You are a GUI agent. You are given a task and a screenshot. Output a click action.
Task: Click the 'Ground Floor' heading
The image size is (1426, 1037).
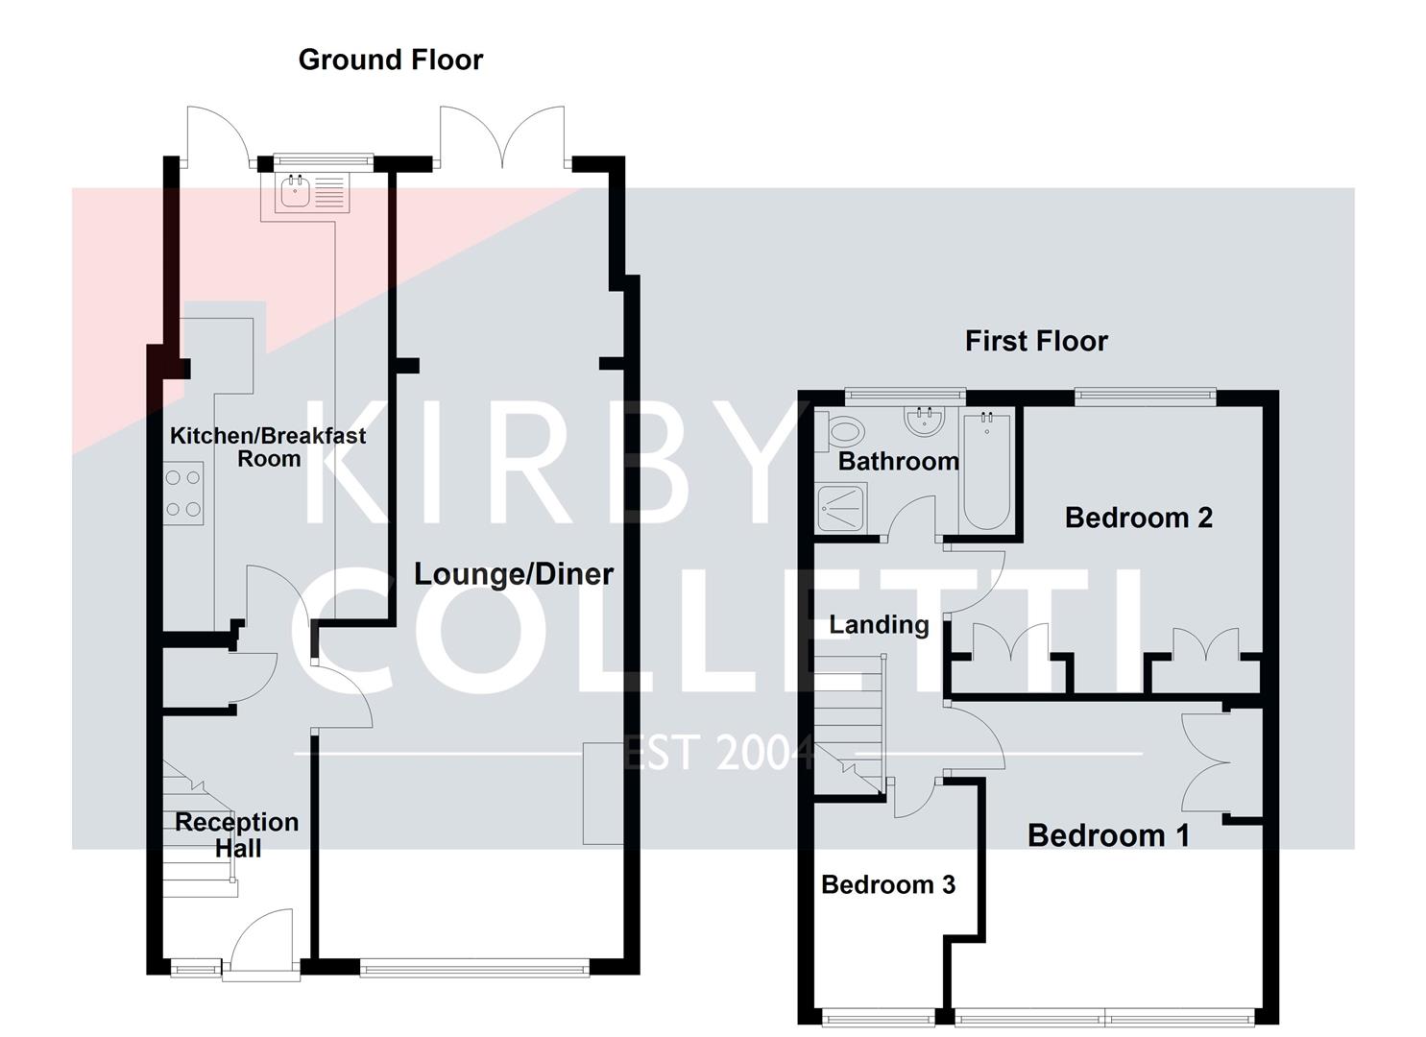tap(390, 60)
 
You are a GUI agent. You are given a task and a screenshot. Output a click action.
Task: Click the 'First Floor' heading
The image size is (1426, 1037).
tap(1035, 341)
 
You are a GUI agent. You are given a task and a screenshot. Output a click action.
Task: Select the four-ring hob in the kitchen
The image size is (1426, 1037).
tap(182, 494)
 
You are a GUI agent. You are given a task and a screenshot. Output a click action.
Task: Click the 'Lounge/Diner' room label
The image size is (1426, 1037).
tap(513, 574)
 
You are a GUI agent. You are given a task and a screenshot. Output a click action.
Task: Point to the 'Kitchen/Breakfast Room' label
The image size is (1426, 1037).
tap(268, 446)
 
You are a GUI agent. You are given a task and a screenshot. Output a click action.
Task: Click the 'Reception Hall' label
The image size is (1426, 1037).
tap(236, 834)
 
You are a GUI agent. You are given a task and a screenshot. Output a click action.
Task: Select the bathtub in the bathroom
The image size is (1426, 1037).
tap(986, 470)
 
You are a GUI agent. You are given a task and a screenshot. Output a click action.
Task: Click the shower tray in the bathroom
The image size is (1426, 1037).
tap(841, 507)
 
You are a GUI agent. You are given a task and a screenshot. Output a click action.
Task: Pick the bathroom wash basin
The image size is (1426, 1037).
tap(924, 420)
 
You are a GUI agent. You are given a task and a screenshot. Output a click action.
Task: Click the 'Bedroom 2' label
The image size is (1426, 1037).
tap(1138, 518)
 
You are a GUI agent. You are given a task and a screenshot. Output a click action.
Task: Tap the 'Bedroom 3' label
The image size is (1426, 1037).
tap(887, 884)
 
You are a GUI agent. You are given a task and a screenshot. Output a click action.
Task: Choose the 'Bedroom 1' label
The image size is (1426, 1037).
tap(1108, 835)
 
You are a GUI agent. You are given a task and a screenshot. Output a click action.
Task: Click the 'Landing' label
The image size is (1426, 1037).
tap(879, 625)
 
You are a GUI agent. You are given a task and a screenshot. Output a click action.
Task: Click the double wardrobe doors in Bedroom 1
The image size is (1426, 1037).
tap(1206, 763)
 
